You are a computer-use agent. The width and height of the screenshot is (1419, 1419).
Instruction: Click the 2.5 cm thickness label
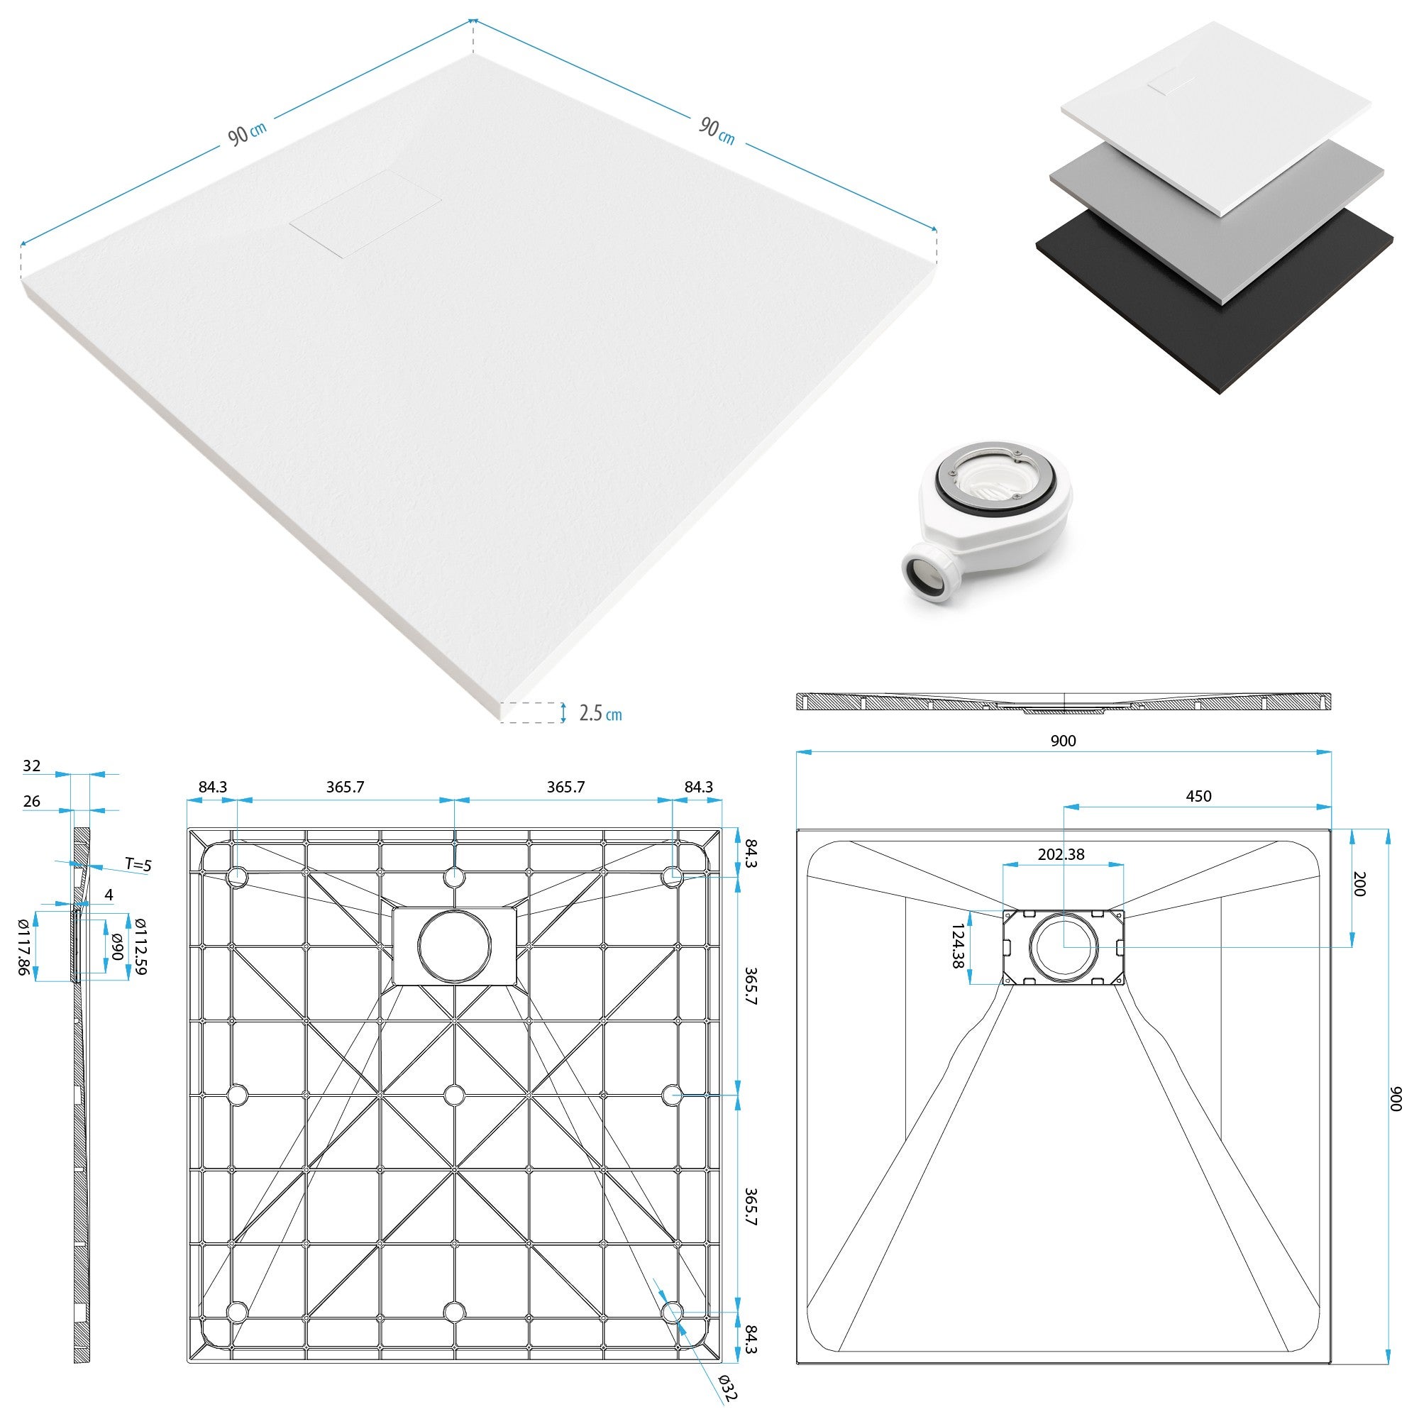pos(600,712)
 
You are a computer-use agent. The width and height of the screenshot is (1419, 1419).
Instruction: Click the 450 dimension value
pos(1198,796)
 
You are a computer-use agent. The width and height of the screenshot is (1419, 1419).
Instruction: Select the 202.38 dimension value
pos(1061,854)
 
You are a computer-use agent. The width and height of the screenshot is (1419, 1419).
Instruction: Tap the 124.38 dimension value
pos(958,946)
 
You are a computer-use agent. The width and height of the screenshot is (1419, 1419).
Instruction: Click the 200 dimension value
pos(1358,884)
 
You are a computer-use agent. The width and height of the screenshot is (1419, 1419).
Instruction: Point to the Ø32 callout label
pos(727,1386)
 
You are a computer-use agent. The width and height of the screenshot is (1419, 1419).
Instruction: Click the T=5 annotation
pos(138,864)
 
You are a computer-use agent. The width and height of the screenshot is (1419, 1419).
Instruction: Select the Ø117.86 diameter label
pos(23,947)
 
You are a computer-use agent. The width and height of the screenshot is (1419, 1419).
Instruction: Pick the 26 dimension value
pos(32,801)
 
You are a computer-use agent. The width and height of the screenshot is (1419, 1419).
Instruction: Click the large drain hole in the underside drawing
pos(455,946)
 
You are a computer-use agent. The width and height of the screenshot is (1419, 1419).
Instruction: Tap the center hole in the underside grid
pos(455,1095)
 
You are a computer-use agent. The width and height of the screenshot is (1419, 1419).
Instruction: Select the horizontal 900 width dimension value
pos(1063,741)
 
